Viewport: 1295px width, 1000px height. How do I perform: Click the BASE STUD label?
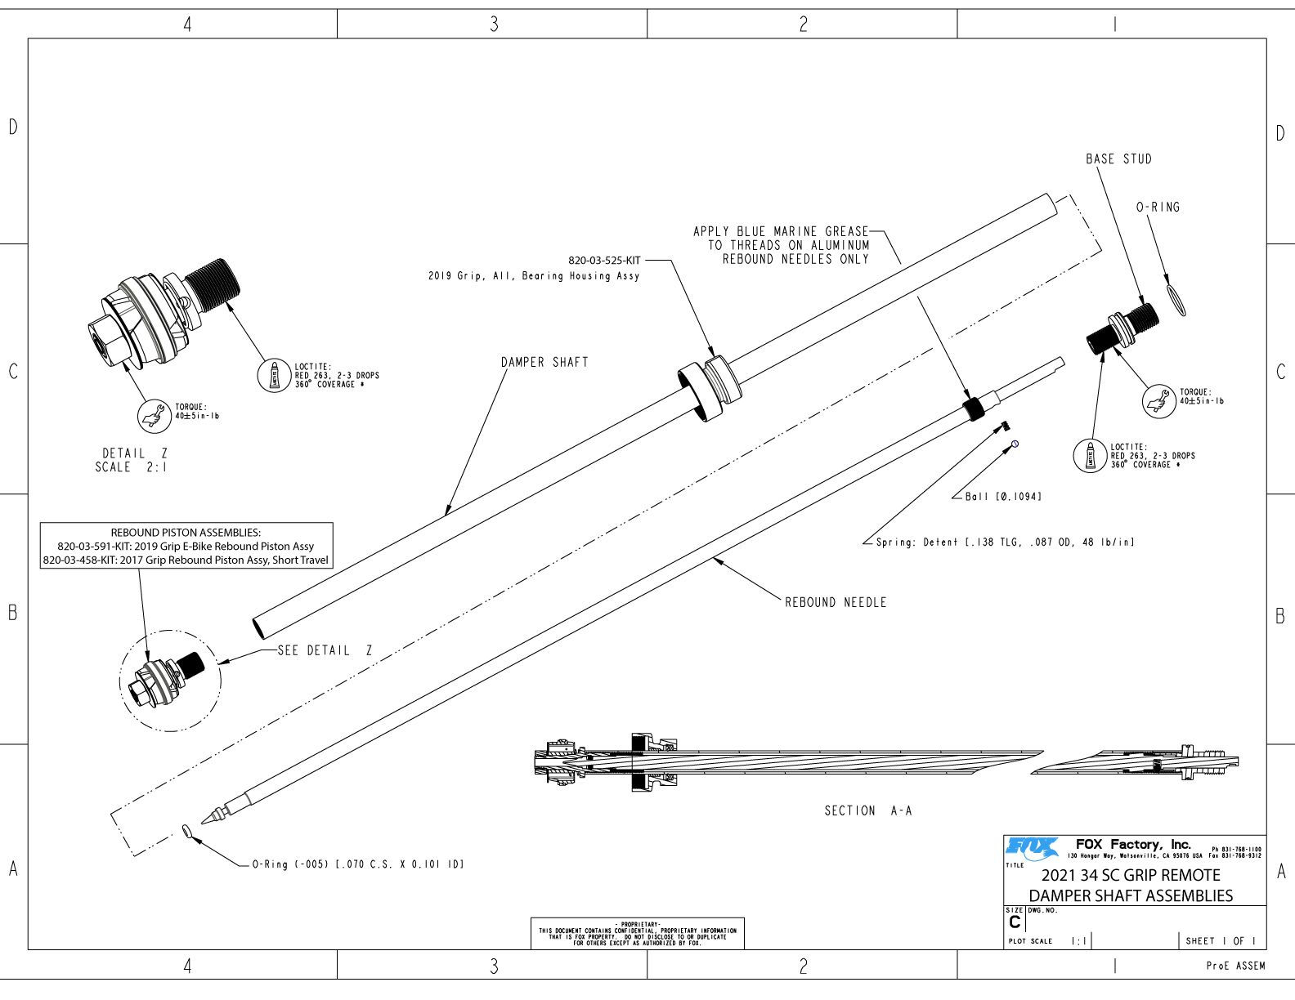click(x=1118, y=159)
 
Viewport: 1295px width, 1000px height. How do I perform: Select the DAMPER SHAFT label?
click(x=544, y=362)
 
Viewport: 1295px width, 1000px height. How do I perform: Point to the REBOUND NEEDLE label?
click(x=835, y=602)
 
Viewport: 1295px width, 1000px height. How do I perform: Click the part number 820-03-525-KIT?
click(x=604, y=261)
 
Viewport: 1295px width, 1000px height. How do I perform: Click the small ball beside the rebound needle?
click(x=1015, y=444)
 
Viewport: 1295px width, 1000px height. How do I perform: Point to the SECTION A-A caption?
click(x=867, y=810)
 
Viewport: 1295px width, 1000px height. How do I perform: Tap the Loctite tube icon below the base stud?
click(x=1089, y=455)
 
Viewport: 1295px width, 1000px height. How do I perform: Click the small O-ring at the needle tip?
click(x=187, y=832)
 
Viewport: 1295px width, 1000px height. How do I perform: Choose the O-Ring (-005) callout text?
click(x=357, y=864)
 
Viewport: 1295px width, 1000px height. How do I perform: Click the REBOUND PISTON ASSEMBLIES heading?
click(x=186, y=533)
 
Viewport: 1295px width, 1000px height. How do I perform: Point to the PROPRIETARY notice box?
click(x=637, y=934)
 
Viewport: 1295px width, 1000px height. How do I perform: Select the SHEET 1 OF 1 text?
click(x=1220, y=941)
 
